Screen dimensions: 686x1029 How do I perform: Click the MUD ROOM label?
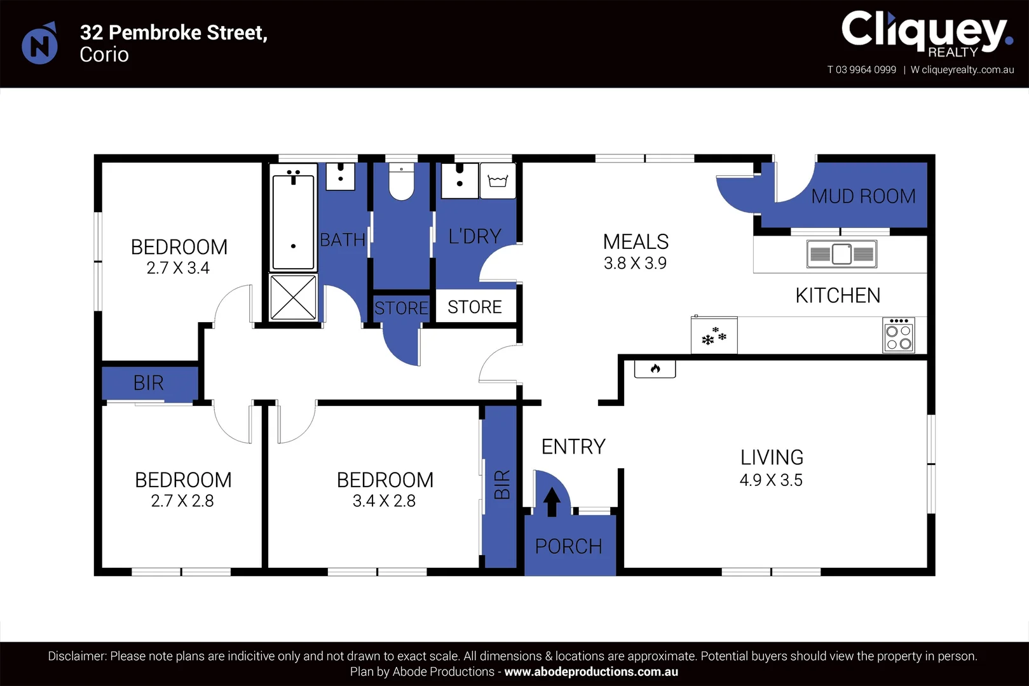click(x=863, y=196)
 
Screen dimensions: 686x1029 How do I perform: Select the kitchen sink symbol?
click(x=842, y=254)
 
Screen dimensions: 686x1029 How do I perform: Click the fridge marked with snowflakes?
click(x=714, y=336)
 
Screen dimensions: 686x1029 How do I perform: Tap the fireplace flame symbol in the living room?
click(x=655, y=368)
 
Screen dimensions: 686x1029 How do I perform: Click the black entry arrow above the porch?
click(x=552, y=502)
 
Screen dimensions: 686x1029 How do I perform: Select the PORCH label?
click(x=568, y=546)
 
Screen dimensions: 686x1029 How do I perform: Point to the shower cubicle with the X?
click(x=293, y=297)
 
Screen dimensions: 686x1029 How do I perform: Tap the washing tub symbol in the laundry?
click(x=498, y=181)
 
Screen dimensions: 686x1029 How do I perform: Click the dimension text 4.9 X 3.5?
click(x=771, y=480)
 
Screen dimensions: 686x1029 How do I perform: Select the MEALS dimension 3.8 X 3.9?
click(x=635, y=263)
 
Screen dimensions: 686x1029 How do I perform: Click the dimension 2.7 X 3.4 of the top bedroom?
click(x=178, y=268)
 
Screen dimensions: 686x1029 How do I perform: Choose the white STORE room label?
click(x=475, y=307)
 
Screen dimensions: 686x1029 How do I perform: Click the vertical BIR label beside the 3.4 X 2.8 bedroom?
click(x=501, y=485)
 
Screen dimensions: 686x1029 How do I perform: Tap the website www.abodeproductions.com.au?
click(x=591, y=671)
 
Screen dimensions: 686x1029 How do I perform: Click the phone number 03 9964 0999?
click(x=866, y=70)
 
